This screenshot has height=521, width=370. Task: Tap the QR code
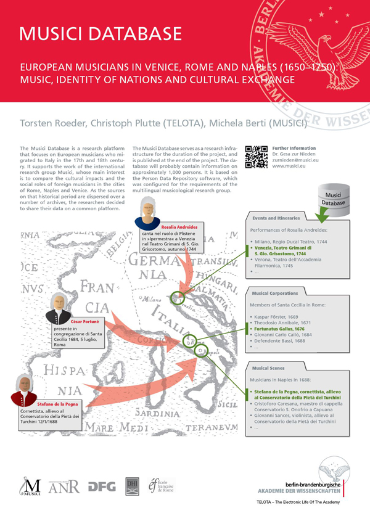256,157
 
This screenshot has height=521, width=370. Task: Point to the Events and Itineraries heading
276,218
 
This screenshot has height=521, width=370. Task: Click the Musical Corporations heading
275,293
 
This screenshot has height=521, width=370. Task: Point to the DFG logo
102,486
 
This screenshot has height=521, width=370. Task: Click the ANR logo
65,486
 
